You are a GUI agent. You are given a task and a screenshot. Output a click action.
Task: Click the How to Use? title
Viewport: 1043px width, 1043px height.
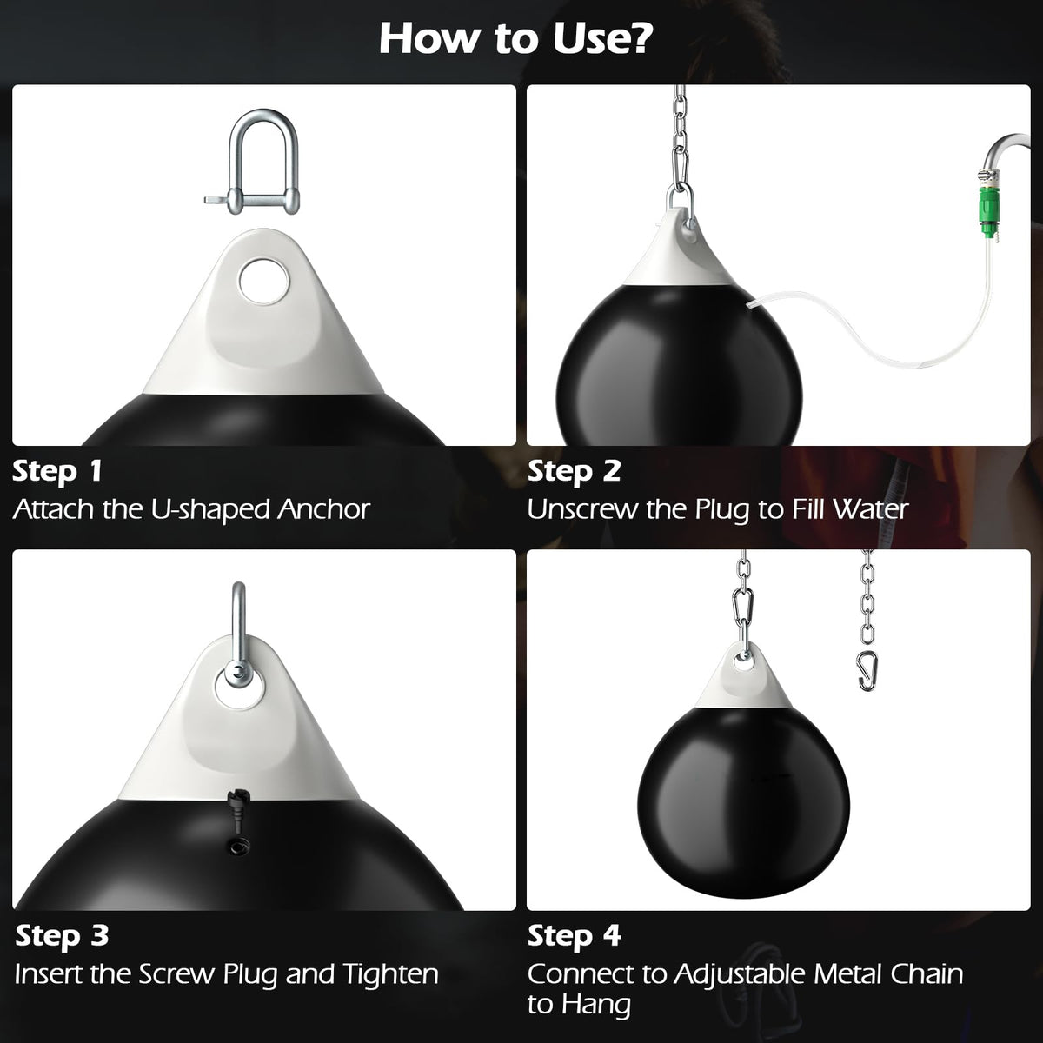(516, 39)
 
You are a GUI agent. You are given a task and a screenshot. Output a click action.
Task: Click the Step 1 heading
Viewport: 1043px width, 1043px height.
(57, 471)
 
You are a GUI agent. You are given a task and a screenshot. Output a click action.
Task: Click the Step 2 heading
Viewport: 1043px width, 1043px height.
(575, 471)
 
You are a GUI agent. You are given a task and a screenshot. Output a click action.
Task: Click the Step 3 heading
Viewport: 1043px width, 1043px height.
(63, 936)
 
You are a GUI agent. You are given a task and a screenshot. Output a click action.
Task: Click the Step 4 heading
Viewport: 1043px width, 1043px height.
(575, 936)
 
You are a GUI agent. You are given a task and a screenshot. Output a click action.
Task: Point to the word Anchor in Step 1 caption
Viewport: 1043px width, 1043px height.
(323, 509)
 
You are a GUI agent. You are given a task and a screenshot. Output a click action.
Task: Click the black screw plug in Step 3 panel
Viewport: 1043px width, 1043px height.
(236, 809)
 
